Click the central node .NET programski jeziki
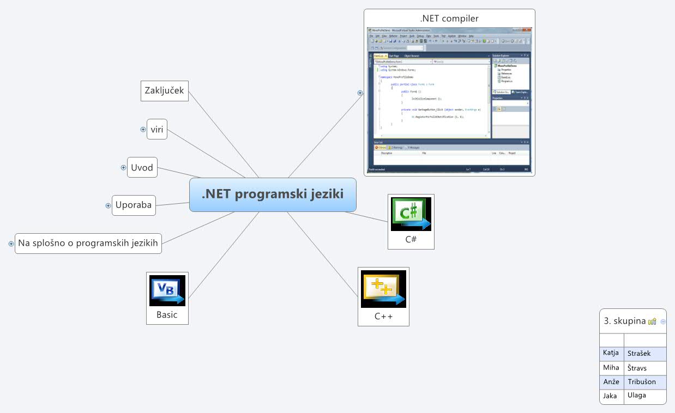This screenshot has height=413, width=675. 273,195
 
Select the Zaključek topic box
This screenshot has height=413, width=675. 165,91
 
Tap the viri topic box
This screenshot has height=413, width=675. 157,130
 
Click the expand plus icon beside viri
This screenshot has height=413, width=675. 143,130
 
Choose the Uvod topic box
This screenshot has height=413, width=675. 142,167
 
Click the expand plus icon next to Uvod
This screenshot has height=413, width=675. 124,167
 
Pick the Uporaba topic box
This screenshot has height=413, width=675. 134,205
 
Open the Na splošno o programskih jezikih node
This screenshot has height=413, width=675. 88,243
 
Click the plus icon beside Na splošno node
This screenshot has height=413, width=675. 11,244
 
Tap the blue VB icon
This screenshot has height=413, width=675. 167,290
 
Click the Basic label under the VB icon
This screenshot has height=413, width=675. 167,314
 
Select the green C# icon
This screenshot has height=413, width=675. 411,214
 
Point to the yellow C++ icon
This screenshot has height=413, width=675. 383,288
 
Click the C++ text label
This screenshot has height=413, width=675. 383,315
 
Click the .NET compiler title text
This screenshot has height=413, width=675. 449,19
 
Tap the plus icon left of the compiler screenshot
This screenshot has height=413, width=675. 360,93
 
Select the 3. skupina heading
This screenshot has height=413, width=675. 624,321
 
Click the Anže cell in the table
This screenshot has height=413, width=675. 611,381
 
